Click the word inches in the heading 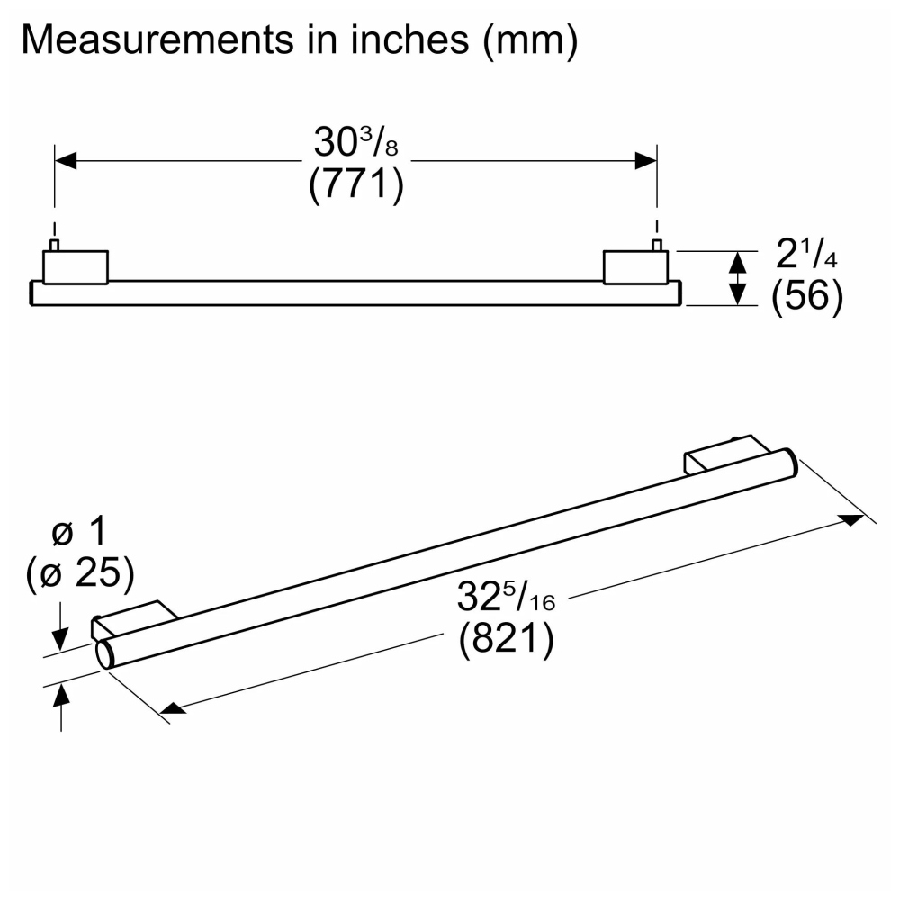(x=409, y=40)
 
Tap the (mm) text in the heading (x=530, y=40)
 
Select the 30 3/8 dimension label (x=355, y=141)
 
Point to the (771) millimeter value (x=356, y=184)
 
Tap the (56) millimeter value (x=807, y=296)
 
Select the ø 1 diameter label (x=79, y=531)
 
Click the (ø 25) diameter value (x=80, y=573)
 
